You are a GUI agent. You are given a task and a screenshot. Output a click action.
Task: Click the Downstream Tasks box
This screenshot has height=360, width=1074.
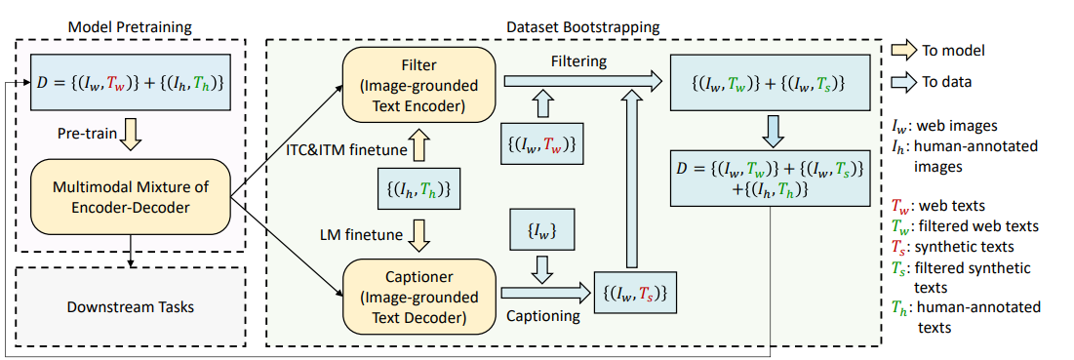tap(130, 306)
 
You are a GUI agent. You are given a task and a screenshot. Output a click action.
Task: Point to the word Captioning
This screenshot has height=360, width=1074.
tap(543, 317)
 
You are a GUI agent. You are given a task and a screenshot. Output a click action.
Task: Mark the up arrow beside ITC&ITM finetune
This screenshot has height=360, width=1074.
tap(420, 147)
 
